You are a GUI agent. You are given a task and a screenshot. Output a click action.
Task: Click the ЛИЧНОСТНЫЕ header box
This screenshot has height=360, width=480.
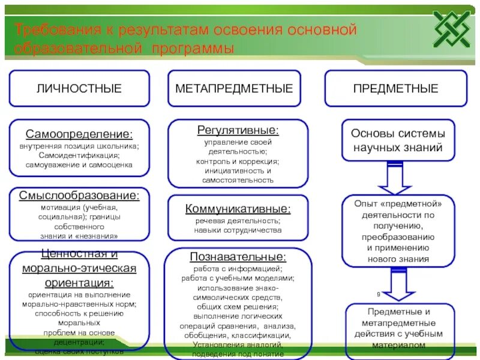click(79, 88)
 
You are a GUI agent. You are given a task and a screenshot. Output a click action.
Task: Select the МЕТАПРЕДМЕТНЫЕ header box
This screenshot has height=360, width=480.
click(234, 88)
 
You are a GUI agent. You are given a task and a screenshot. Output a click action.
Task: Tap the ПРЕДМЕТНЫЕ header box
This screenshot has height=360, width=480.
click(395, 88)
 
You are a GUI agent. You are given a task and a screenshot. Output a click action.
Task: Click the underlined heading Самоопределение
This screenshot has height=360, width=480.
click(79, 133)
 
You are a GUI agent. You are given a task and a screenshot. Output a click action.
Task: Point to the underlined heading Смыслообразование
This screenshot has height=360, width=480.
click(79, 196)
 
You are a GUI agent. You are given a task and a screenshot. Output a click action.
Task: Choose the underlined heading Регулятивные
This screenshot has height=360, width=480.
click(238, 130)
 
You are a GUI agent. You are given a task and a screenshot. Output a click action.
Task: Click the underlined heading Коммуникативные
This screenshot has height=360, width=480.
click(238, 209)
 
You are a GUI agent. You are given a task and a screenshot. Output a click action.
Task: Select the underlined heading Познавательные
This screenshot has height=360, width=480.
click(238, 257)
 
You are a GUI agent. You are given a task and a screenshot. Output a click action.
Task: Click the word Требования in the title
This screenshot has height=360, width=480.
click(49, 29)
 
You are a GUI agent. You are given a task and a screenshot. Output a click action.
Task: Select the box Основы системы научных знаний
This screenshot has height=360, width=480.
click(398, 140)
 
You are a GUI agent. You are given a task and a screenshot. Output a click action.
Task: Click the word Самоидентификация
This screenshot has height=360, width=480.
click(79, 155)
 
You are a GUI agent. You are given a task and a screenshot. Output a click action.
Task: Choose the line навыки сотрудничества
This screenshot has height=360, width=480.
click(238, 230)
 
